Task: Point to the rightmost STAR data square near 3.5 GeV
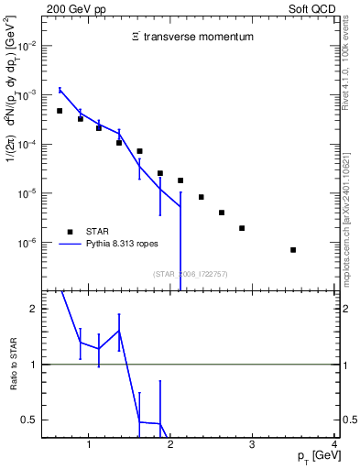tap(293, 249)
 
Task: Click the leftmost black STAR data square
tap(60, 111)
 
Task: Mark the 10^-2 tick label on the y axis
tap(28, 45)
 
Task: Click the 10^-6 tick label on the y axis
tap(28, 244)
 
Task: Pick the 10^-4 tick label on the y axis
tap(28, 145)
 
